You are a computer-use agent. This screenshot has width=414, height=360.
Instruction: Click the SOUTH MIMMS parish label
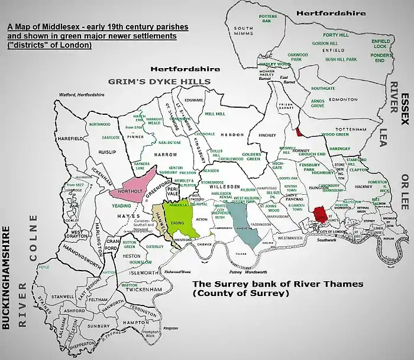point(243,31)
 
